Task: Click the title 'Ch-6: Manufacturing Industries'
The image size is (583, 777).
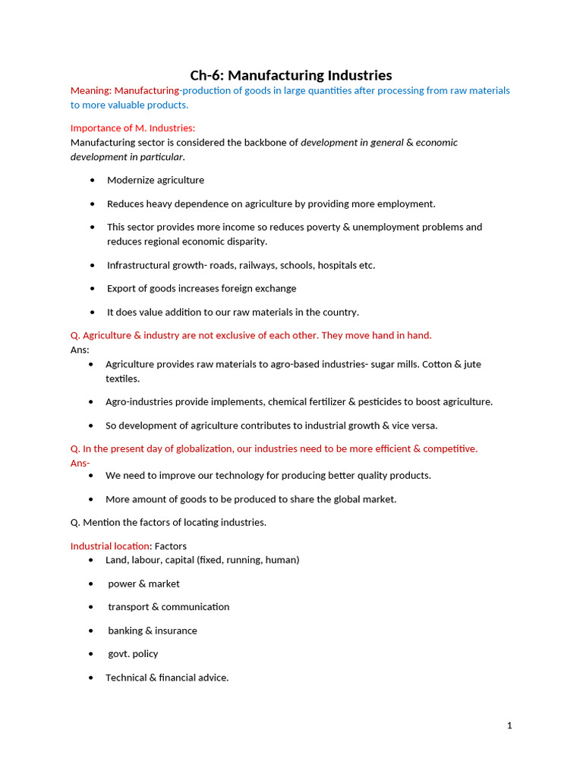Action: click(x=291, y=75)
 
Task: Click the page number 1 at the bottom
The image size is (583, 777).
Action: click(x=509, y=725)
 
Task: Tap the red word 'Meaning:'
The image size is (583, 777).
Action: click(x=90, y=90)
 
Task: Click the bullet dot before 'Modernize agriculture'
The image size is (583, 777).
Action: click(x=93, y=181)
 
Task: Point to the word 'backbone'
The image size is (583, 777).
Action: click(x=273, y=142)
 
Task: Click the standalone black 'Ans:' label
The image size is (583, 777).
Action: click(x=80, y=350)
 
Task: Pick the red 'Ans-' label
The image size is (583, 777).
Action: click(x=80, y=463)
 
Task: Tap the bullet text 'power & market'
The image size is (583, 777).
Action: click(x=143, y=584)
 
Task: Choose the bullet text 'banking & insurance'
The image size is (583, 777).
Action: click(x=152, y=631)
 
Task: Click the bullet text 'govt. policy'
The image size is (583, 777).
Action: click(x=133, y=653)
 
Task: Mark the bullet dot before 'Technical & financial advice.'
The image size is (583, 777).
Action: click(x=91, y=678)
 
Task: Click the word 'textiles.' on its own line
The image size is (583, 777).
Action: click(x=122, y=379)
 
